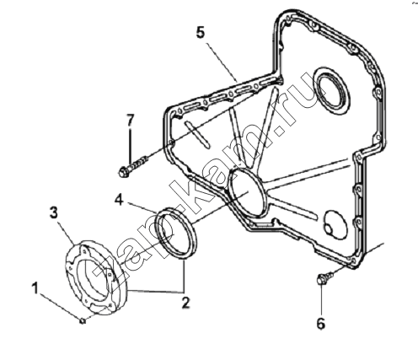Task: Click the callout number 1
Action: [35, 288]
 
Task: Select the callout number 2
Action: [185, 303]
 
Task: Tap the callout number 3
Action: [54, 212]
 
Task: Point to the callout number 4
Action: [119, 200]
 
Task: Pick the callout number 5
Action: [201, 33]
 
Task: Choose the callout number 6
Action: [321, 323]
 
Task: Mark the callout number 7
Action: [130, 121]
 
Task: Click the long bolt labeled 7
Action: [132, 166]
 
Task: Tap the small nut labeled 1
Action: [83, 320]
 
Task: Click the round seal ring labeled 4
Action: [177, 233]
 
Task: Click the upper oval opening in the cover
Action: [332, 90]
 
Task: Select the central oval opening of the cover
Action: [248, 193]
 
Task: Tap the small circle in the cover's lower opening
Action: [330, 228]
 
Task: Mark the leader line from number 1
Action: [60, 306]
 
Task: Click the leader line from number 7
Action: [130, 147]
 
